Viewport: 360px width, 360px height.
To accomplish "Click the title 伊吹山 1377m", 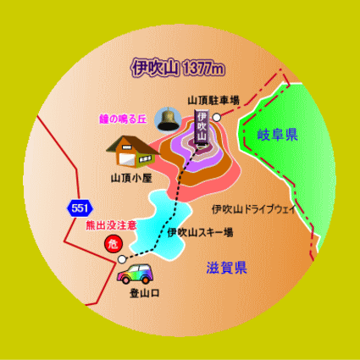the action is pos(178,68).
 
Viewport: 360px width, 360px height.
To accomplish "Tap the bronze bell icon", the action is pos(168,119).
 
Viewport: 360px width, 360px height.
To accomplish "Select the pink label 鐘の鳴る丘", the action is pos(123,119).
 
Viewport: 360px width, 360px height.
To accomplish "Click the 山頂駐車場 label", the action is pos(213,101).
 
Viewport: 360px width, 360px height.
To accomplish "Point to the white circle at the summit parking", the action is pos(217,118).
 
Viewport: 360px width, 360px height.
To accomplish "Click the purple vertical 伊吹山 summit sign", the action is pos(202,127).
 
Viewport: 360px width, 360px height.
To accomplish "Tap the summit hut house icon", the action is pos(133,152).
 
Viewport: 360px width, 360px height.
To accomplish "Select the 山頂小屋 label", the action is pos(131,179).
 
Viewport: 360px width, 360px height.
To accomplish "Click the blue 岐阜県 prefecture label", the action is pos(278,135).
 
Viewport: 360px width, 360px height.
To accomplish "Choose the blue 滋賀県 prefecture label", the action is pos(227,268).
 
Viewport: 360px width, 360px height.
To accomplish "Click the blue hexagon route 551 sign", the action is pos(80,208).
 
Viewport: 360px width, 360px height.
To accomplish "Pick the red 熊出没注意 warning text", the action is pos(111,225).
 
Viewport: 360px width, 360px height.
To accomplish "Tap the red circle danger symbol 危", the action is pos(114,244).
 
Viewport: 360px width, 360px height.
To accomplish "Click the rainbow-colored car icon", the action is pos(135,274).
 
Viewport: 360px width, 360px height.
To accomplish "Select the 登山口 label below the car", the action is pos(145,293).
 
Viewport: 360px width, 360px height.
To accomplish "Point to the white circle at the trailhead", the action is pos(122,259).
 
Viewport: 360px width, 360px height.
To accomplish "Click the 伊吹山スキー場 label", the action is pos(200,233).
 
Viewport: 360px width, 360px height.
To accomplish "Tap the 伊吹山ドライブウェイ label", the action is pos(253,209).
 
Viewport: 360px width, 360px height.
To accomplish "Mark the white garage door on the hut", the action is pos(126,160).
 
